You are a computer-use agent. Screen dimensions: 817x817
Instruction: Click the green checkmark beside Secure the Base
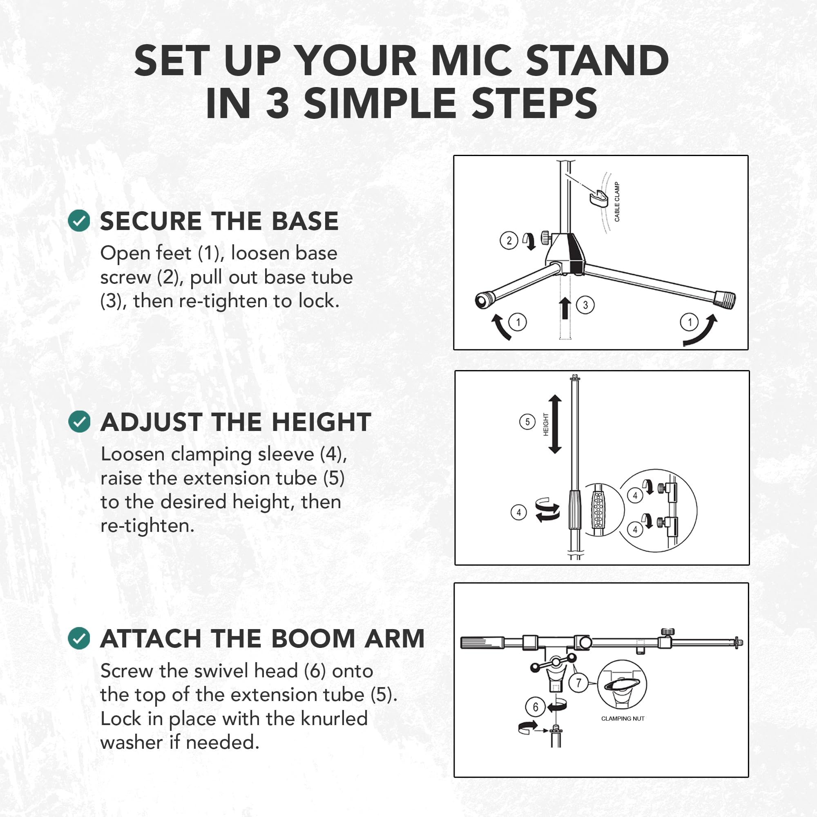pos(79,221)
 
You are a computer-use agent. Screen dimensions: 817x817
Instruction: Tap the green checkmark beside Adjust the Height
pos(79,422)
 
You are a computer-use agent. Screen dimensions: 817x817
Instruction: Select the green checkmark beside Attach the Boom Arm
pos(79,638)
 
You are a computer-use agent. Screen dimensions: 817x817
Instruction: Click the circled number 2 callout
pos(509,241)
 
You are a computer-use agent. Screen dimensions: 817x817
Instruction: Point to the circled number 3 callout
pos(585,305)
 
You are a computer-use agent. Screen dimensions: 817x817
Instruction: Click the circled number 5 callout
pos(527,422)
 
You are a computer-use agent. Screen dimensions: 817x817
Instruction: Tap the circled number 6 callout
pos(536,707)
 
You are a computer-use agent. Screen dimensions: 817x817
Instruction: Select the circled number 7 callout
pos(578,683)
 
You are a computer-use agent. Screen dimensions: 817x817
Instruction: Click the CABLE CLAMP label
pos(617,202)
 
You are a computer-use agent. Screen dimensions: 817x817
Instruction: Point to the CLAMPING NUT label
pos(623,719)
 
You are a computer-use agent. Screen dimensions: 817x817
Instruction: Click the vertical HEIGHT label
pos(545,424)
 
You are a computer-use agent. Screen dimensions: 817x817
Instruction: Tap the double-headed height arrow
pos(555,424)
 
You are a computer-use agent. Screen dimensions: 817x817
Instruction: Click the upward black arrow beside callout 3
pos(565,308)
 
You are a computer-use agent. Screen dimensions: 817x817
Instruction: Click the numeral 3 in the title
pos(278,103)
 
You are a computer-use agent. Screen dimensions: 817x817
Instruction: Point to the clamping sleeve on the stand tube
pos(574,509)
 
